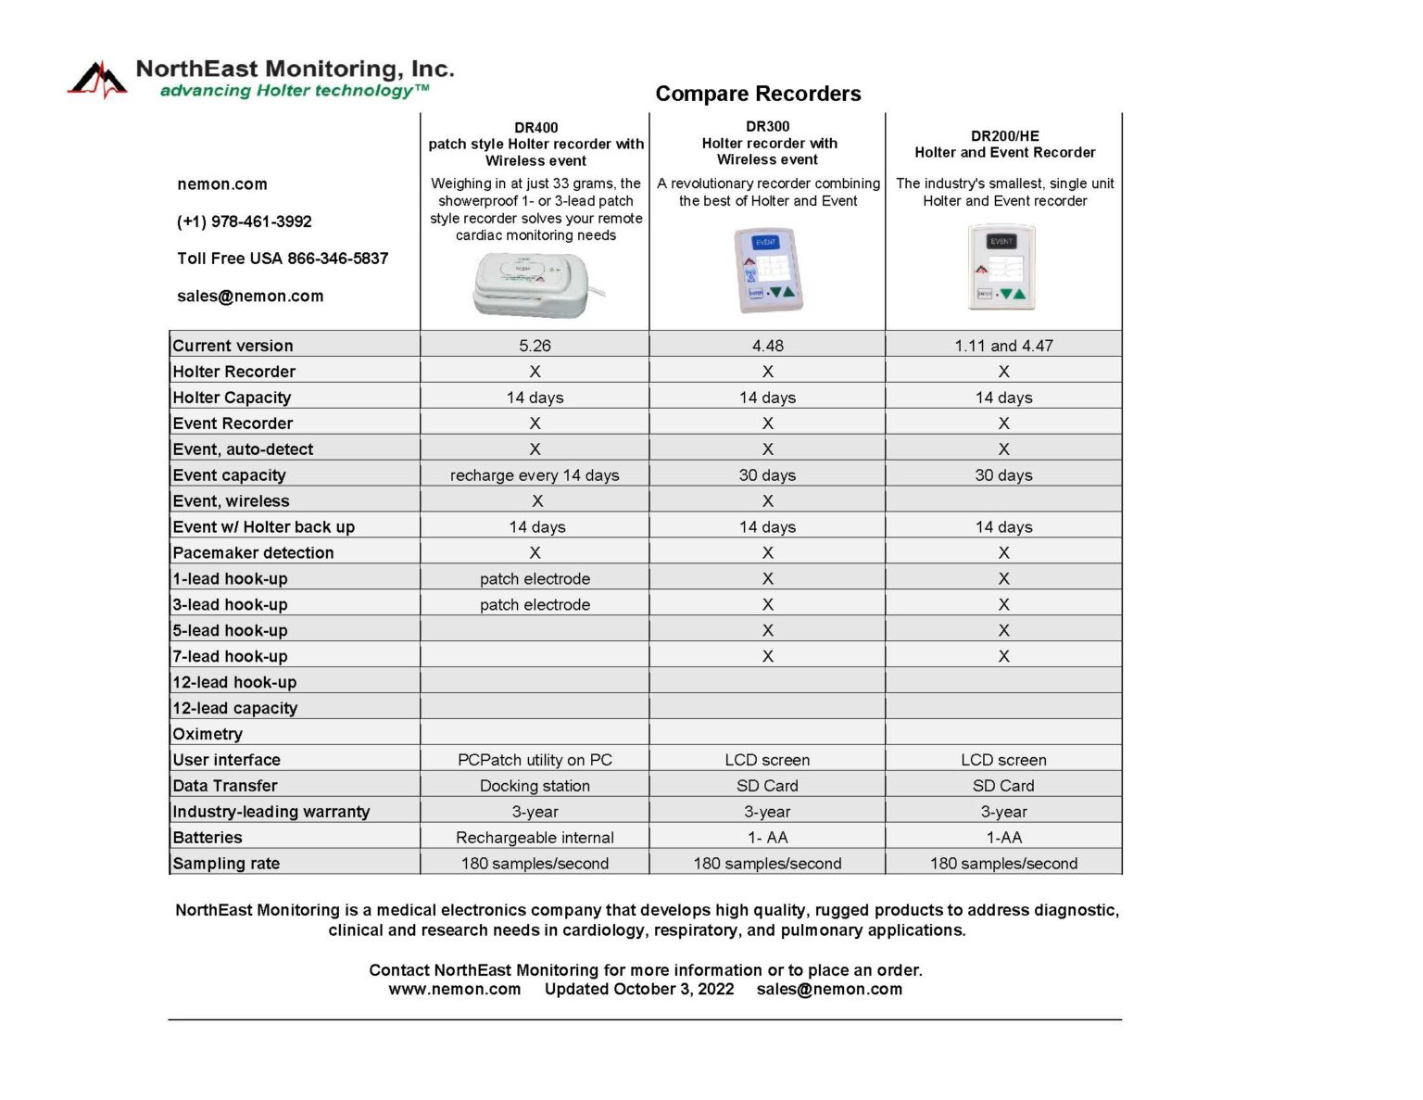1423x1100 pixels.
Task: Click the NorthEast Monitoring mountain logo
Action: [97, 80]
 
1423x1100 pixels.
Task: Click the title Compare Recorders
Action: [758, 94]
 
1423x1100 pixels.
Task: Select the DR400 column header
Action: [535, 144]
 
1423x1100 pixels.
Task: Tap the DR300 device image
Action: [768, 270]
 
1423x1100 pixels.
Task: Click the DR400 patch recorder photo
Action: [532, 284]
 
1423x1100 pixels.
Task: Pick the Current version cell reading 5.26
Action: [535, 346]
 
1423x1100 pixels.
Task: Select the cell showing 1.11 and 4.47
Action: [1003, 346]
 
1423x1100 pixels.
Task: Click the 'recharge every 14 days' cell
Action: [535, 475]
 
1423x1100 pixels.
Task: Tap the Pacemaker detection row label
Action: [253, 553]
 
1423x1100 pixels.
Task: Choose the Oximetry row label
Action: [208, 734]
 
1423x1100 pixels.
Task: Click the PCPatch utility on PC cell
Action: [535, 760]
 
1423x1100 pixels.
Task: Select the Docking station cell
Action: [535, 786]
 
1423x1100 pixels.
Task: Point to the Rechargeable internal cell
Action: [535, 838]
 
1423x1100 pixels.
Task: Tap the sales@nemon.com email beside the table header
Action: [250, 297]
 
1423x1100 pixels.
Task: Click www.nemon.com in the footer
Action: [454, 990]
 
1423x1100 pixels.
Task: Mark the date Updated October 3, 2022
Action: [638, 990]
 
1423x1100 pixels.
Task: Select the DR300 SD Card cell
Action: [767, 786]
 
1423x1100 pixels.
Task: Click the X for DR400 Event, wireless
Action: [537, 501]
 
